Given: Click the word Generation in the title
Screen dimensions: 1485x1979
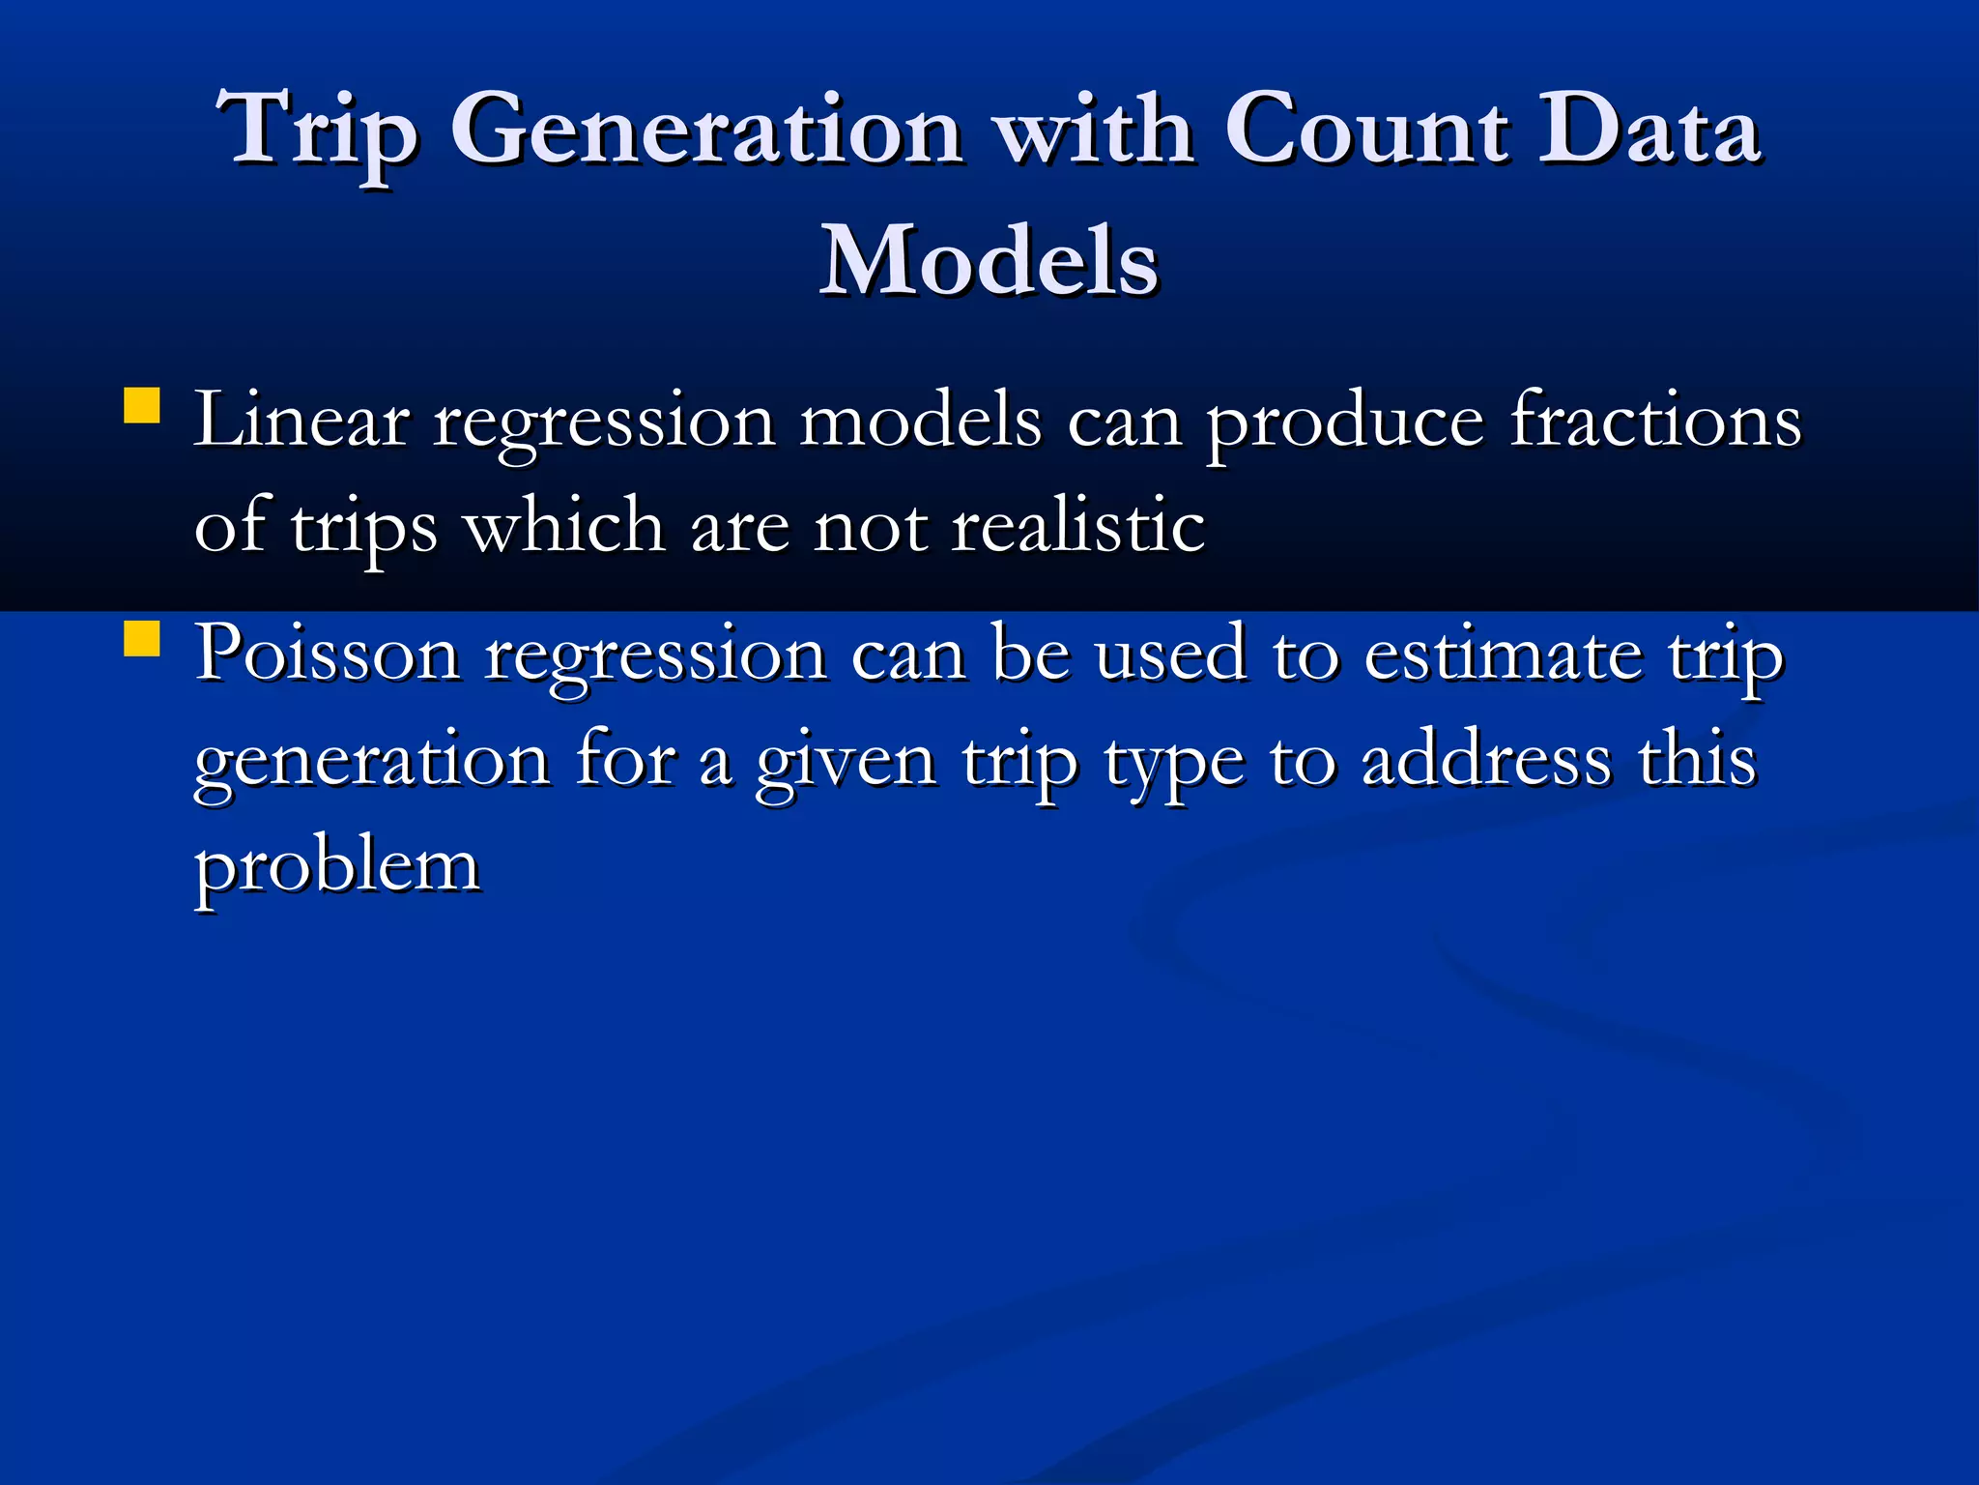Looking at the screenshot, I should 706,131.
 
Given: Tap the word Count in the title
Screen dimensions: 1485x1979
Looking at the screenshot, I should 1366,131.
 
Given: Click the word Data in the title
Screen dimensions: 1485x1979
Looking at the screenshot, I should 1649,131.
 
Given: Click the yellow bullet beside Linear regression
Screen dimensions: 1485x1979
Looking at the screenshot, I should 142,406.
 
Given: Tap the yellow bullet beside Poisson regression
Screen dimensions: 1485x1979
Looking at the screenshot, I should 142,639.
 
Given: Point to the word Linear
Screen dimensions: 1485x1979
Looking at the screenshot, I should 301,422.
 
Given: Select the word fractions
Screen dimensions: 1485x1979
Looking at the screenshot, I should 1655,422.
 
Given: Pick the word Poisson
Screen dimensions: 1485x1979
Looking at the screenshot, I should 328,655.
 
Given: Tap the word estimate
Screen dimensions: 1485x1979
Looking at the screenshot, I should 1503,655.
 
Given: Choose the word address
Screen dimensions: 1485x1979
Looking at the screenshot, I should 1486,761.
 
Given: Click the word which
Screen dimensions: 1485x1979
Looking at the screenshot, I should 564,527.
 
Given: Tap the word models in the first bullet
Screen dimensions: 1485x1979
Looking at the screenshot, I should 920,422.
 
